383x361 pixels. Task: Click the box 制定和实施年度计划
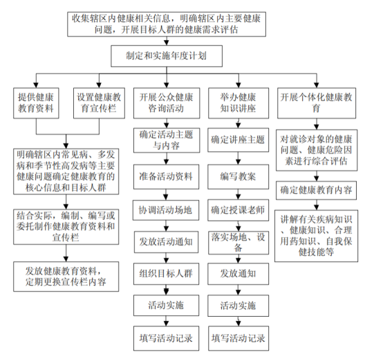(167, 56)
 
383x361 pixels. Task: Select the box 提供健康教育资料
(36, 103)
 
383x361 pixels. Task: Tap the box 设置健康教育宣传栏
(99, 103)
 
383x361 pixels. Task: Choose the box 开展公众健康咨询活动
(167, 103)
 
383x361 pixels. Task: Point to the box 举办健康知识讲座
(239, 103)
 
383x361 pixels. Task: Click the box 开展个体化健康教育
(317, 103)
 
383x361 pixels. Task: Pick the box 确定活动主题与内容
(167, 140)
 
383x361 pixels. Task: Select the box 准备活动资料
(166, 177)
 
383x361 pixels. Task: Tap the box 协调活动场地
(166, 210)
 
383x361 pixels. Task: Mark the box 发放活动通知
(166, 242)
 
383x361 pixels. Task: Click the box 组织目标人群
(166, 274)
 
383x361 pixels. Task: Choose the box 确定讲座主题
(238, 140)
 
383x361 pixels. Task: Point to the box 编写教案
(238, 177)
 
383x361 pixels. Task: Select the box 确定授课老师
(238, 210)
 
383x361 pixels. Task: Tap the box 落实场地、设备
(238, 243)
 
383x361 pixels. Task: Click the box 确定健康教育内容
(317, 190)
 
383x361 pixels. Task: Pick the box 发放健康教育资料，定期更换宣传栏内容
(66, 277)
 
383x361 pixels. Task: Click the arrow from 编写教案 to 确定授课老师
(238, 194)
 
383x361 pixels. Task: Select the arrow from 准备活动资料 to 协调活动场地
(166, 194)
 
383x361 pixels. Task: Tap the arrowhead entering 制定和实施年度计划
(167, 43)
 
